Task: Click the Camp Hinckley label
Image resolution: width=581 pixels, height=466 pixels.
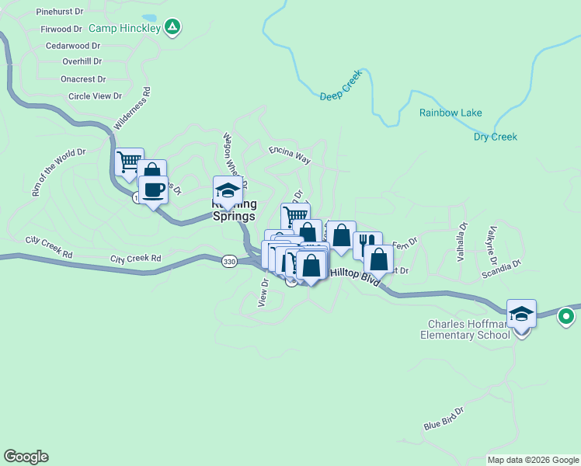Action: [124, 29]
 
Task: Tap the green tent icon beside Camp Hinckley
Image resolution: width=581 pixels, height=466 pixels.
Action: [173, 29]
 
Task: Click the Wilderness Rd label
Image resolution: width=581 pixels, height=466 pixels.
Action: [133, 108]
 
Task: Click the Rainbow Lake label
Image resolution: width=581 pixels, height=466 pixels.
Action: [451, 113]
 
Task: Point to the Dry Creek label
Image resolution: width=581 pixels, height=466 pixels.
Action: [495, 137]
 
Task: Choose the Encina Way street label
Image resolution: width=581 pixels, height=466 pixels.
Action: [290, 155]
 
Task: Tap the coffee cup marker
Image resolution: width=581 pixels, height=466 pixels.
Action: [153, 190]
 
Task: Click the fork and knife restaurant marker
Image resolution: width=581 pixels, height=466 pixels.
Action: [367, 244]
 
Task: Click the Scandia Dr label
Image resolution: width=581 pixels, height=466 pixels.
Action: [501, 268]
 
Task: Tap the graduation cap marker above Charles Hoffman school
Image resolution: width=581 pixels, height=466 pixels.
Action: [521, 314]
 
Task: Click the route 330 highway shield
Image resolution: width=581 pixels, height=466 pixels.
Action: [228, 263]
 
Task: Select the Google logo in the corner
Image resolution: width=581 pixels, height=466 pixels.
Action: [26, 457]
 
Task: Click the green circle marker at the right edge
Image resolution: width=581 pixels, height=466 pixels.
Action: [566, 316]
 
